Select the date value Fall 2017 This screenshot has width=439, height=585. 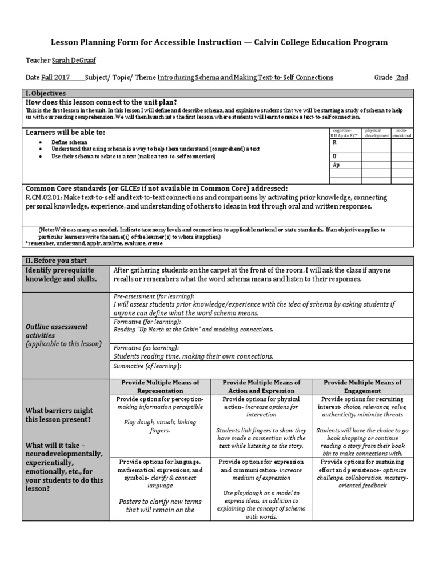click(x=55, y=78)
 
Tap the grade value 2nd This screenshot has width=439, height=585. click(x=402, y=78)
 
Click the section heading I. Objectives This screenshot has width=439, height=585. click(x=46, y=93)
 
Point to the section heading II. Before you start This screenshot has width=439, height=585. click(x=56, y=261)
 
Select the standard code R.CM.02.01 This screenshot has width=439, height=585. click(x=46, y=198)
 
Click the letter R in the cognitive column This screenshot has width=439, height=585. click(x=335, y=143)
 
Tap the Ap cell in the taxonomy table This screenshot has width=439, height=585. click(x=337, y=165)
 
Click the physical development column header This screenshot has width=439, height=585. click(x=377, y=133)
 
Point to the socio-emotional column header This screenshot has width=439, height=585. click(x=402, y=133)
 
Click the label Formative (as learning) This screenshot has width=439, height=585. click(x=146, y=347)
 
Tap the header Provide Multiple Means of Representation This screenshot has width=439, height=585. click(x=160, y=387)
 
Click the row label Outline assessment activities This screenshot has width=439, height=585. click(x=56, y=331)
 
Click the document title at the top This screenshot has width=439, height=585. click(x=219, y=42)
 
